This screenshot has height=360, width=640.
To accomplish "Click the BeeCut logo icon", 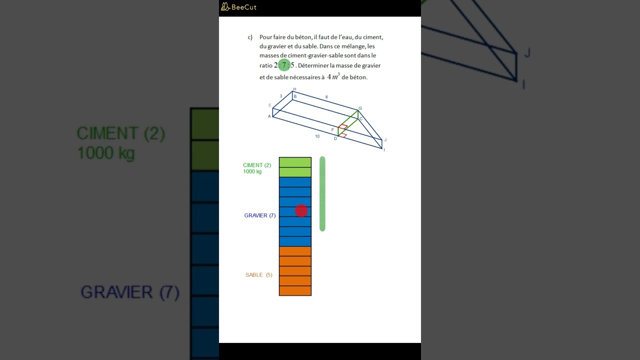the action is pos(225,7).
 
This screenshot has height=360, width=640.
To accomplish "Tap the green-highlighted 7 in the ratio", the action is pos(284,65).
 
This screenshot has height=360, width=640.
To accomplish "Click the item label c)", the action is pos(250,37).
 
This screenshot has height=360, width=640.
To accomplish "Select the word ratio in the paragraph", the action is pos(265,65).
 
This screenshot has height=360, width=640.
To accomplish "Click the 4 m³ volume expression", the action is pos(333,76).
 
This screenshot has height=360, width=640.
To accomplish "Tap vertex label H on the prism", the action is pos(294,89).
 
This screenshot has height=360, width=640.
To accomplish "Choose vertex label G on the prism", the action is pos(360,108).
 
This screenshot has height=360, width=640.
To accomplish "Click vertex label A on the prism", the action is pos(269,116).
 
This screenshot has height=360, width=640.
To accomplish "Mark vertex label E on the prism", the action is pos(269,105).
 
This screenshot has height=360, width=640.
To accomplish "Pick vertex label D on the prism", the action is pos(335,138).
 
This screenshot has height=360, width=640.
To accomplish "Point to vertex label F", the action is pos(332,129).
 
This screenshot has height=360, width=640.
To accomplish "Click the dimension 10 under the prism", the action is pos(317,136).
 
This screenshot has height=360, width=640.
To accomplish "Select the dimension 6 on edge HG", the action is pos(326,97).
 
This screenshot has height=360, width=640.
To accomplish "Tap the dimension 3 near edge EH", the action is pos(281,96).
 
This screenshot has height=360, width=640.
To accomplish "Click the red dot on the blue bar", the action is pos(301,210).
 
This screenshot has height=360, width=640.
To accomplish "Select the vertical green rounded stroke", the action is pos(322,193).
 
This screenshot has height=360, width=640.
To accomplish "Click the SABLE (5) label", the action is pos(259,275).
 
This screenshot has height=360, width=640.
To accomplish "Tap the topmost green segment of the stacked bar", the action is pos(295,162).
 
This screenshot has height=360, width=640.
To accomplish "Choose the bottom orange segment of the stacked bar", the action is pos(295,291).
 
